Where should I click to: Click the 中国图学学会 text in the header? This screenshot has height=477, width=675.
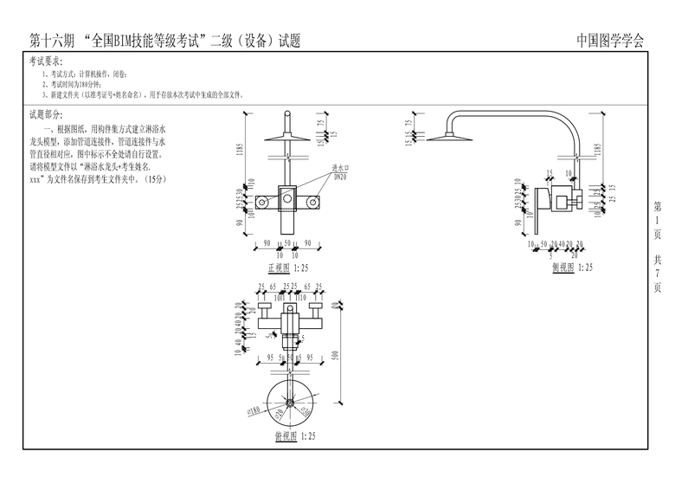(x=610, y=41)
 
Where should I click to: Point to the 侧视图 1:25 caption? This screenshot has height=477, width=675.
(x=573, y=268)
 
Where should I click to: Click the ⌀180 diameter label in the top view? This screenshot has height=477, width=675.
(x=254, y=411)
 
